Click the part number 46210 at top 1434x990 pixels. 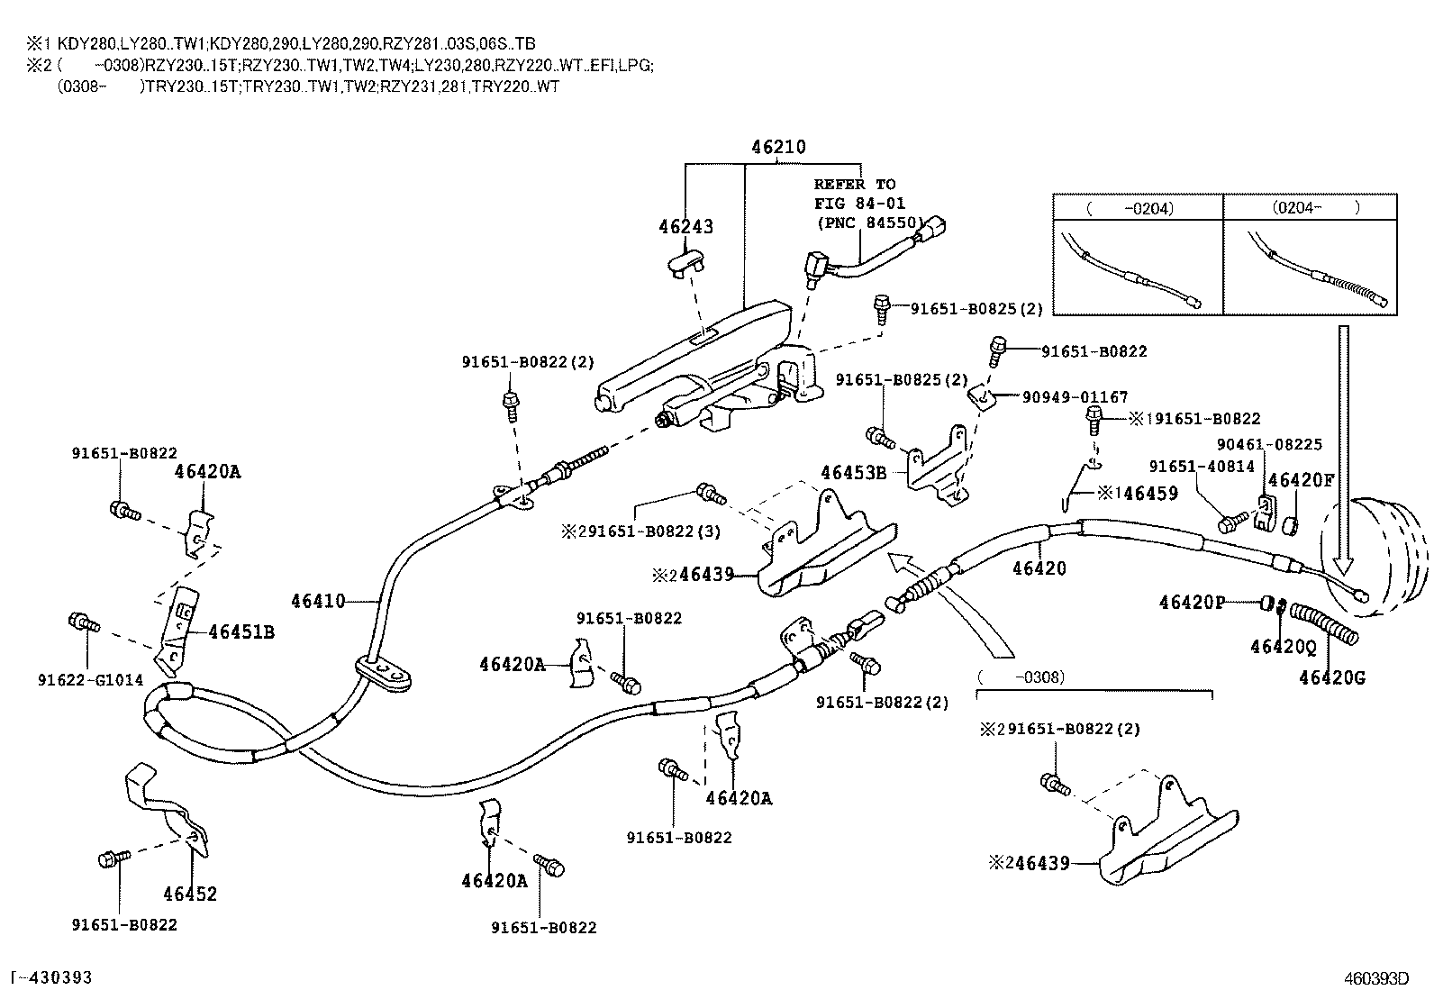(x=779, y=147)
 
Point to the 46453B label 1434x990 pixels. (x=853, y=473)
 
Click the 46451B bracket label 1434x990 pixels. (x=241, y=632)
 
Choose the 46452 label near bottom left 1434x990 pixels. (x=190, y=894)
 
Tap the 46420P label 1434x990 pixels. (x=1192, y=602)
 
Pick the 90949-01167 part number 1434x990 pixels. (x=1075, y=397)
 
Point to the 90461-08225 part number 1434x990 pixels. (x=1269, y=444)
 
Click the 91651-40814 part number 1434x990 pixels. (x=1202, y=466)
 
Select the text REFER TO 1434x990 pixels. (x=855, y=185)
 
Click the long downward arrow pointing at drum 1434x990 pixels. (x=1343, y=450)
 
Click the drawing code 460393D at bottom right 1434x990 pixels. (x=1375, y=978)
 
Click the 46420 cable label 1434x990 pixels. (x=1039, y=568)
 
